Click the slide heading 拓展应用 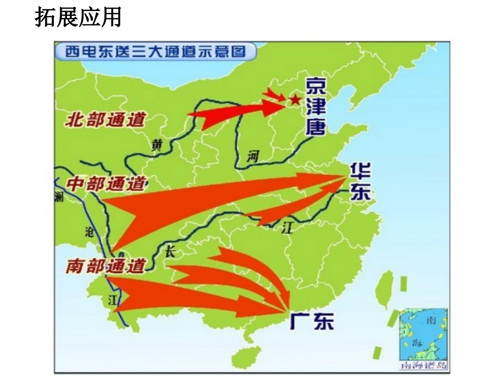pyautogui.click(x=78, y=17)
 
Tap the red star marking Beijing pyautogui.click(x=295, y=99)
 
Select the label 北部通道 pyautogui.click(x=105, y=120)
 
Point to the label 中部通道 pyautogui.click(x=106, y=184)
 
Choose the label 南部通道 pyautogui.click(x=105, y=266)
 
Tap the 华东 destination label pyautogui.click(x=360, y=181)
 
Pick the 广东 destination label pyautogui.click(x=312, y=320)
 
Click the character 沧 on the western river pyautogui.click(x=89, y=231)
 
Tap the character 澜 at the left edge pyautogui.click(x=59, y=197)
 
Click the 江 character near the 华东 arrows pyautogui.click(x=287, y=228)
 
